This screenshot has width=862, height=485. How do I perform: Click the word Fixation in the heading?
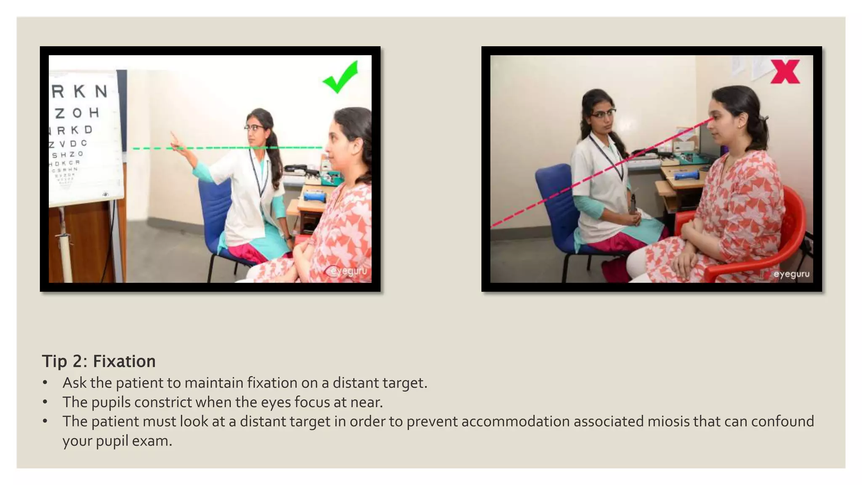pos(124,361)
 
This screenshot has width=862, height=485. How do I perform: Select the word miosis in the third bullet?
pos(668,421)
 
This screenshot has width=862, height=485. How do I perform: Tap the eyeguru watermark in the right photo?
pos(791,274)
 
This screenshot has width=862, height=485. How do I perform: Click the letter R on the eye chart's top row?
pos(58,91)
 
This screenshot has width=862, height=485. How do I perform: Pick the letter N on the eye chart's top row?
pos(101,91)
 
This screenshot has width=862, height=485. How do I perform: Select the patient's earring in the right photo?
pos(740,125)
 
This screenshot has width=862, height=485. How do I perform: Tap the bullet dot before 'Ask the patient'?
pos(45,383)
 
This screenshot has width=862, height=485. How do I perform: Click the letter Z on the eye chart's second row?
pos(60,113)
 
